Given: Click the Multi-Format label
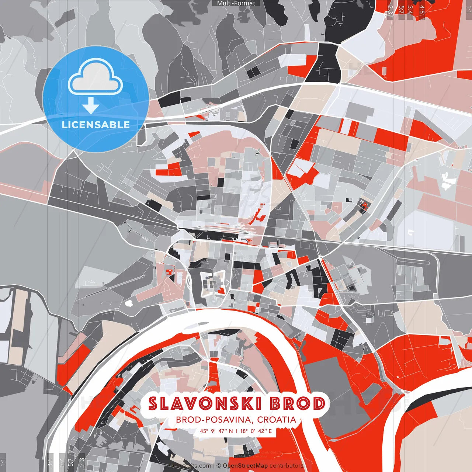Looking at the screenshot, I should [x=236, y=3].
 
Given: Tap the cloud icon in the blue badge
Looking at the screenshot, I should [x=96, y=78].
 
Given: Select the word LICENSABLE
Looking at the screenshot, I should [x=96, y=125].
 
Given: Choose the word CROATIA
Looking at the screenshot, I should [x=277, y=420].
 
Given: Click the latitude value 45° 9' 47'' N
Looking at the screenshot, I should [x=216, y=431].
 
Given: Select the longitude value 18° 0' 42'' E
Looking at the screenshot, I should [x=256, y=431].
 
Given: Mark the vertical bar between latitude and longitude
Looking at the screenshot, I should [x=236, y=431].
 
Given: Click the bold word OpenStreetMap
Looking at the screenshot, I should [x=245, y=466].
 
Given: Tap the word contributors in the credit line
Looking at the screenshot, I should [x=287, y=466].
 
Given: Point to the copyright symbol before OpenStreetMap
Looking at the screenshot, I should [x=219, y=466].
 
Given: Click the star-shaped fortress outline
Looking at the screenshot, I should [x=213, y=284].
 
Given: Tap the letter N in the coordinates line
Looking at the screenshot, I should [x=231, y=431].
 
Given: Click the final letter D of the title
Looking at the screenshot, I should [x=319, y=404].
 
